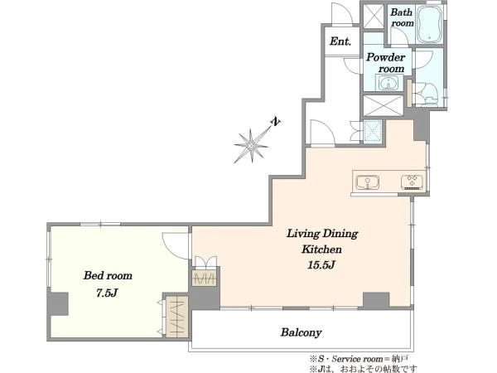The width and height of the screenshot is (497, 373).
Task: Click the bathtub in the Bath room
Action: (429, 24)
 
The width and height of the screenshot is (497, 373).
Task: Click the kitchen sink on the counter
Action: (367, 182)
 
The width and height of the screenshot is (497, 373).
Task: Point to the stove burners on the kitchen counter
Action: (412, 182)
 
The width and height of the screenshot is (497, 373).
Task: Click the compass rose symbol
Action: (251, 146)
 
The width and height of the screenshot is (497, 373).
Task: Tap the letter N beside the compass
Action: (276, 122)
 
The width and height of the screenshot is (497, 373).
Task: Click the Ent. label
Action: (340, 41)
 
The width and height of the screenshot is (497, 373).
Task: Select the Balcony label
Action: (302, 332)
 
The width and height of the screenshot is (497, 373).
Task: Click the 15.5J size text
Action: (321, 265)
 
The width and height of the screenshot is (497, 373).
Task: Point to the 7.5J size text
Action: (107, 293)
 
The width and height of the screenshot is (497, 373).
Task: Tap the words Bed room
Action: (108, 275)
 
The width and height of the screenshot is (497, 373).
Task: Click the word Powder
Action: (386, 57)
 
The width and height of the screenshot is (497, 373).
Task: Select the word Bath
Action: (401, 12)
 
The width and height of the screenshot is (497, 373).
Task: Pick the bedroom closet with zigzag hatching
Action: (177, 317)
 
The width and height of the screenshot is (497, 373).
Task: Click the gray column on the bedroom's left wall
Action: (58, 304)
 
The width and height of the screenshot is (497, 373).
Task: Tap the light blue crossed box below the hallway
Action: (373, 130)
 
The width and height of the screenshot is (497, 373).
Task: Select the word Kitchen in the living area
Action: (321, 249)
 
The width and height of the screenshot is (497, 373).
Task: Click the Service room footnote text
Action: (359, 359)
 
